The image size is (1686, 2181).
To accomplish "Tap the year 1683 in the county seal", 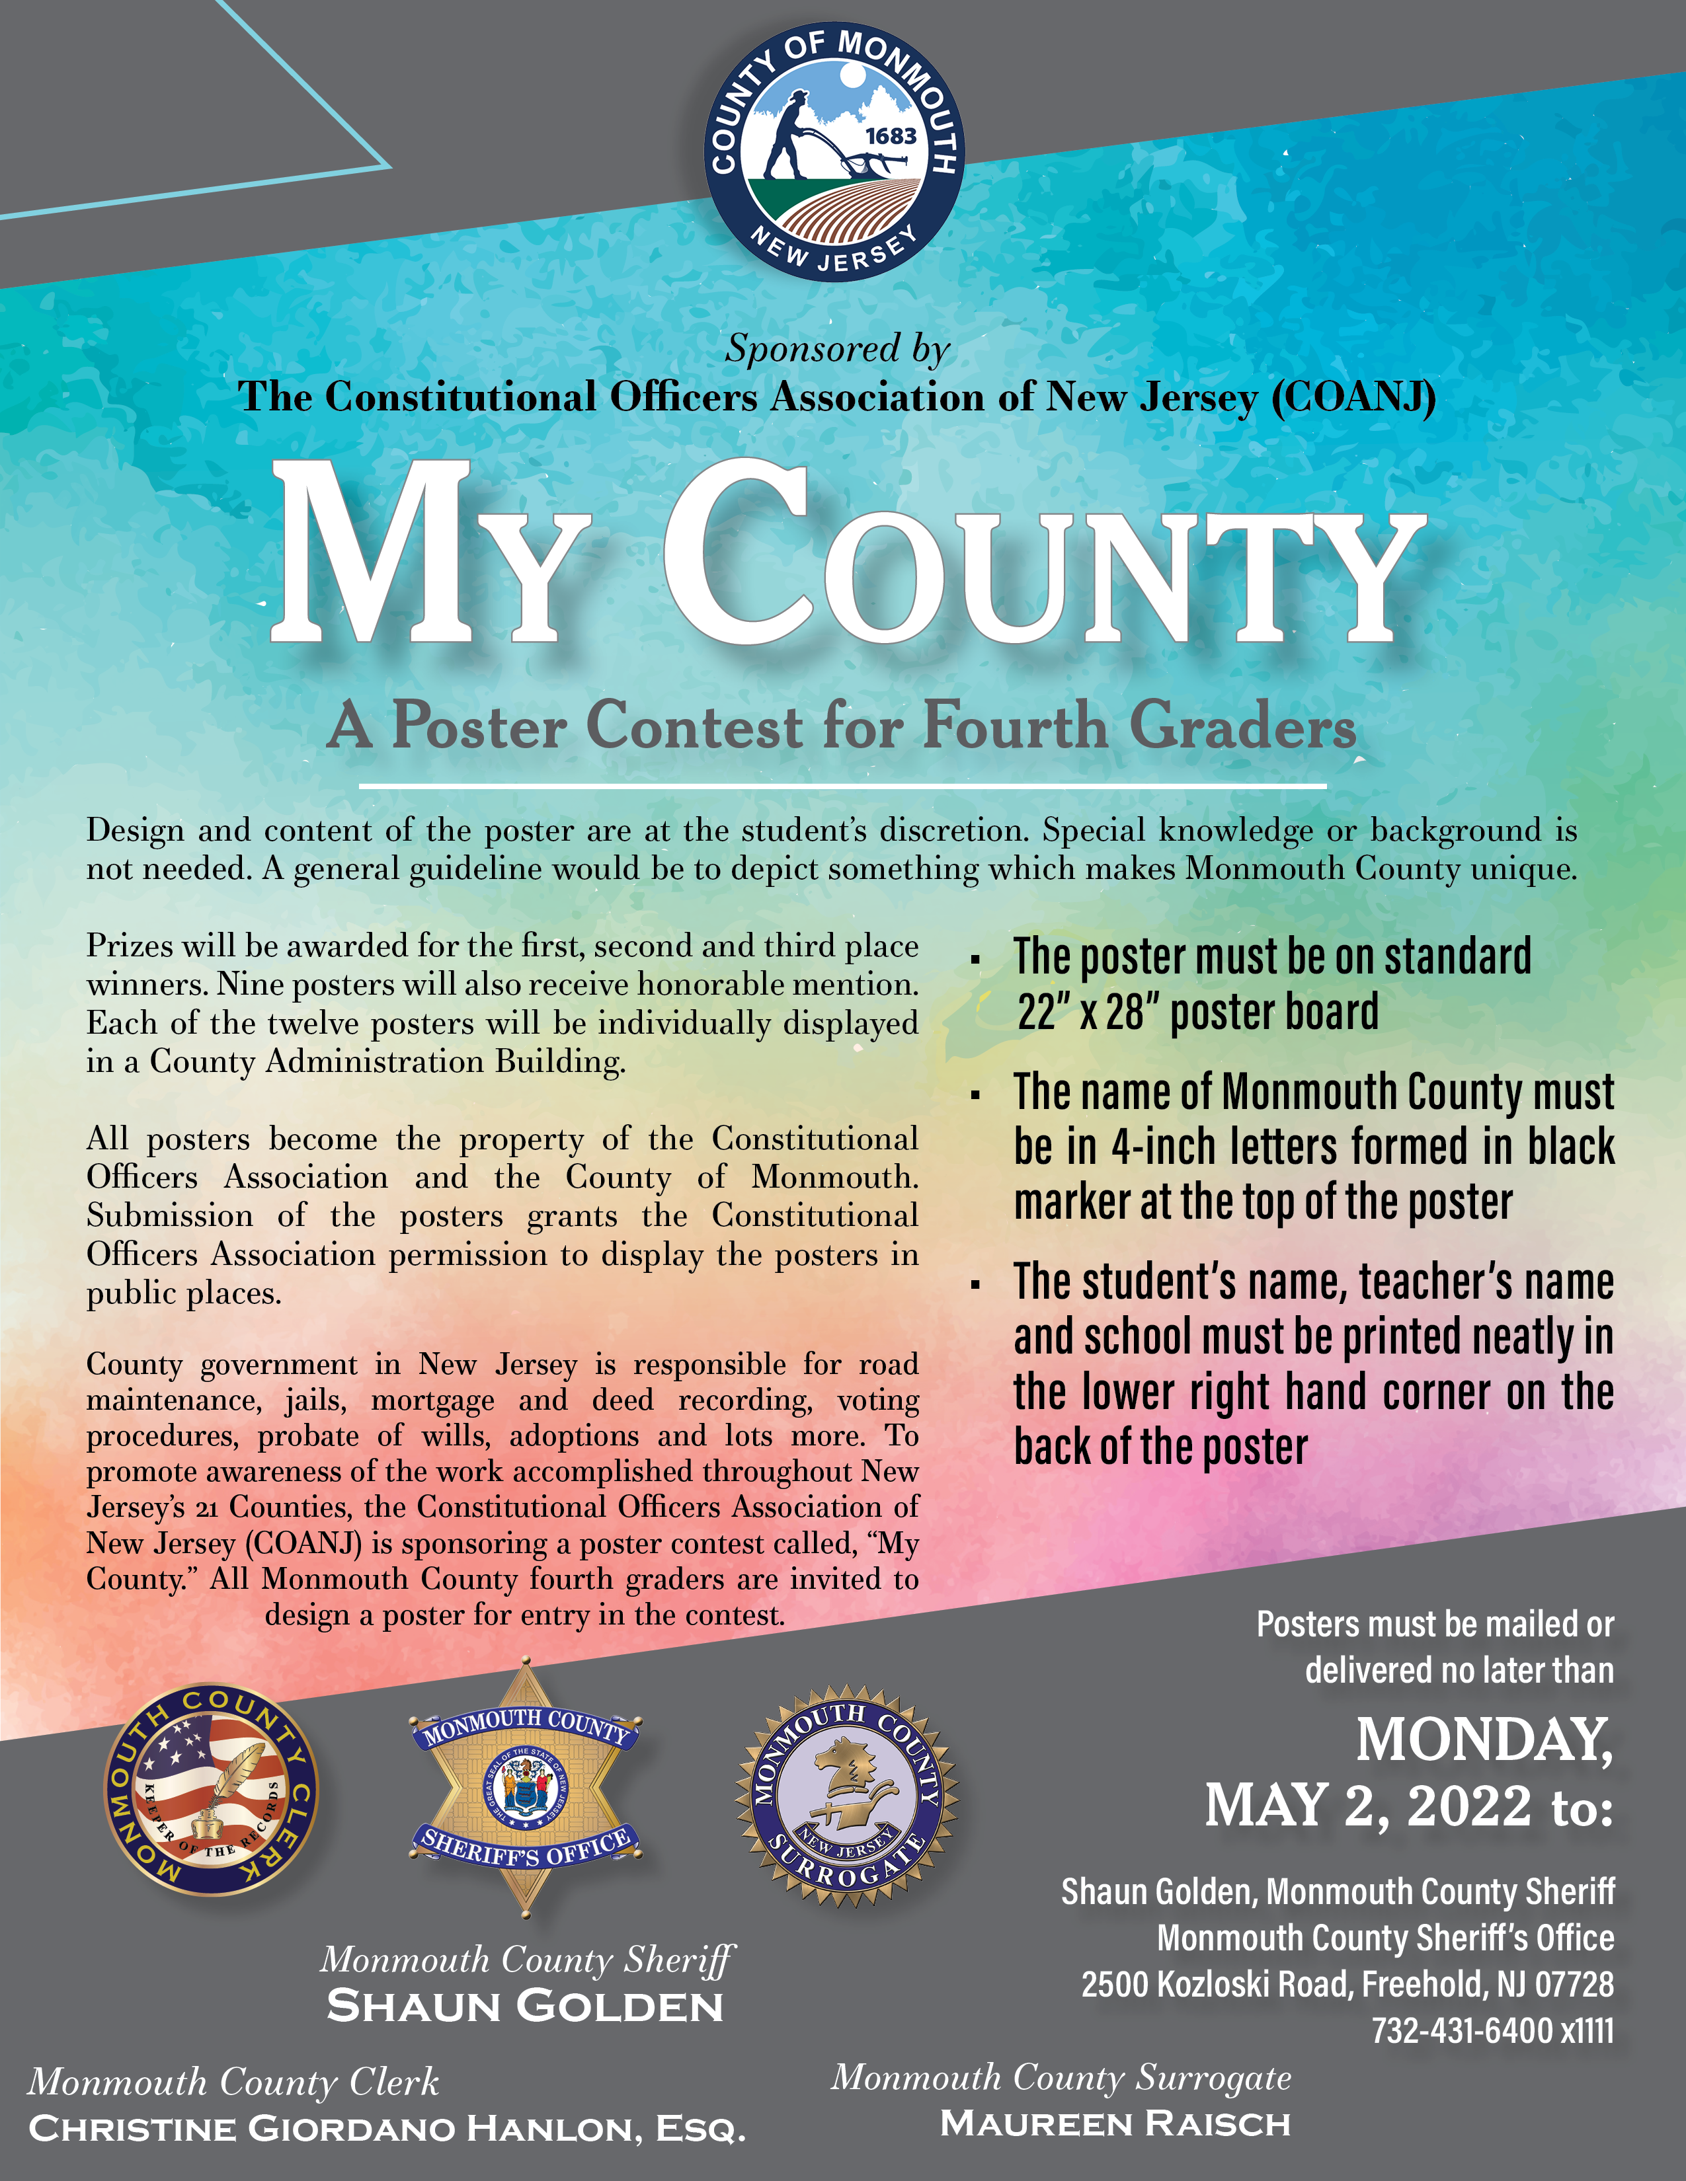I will pyautogui.click(x=890, y=135).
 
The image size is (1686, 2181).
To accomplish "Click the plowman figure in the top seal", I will pyautogui.click(x=794, y=135).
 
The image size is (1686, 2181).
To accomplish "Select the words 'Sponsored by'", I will pyautogui.click(x=837, y=348).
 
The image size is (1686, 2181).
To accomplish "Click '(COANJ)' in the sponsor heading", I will pyautogui.click(x=1353, y=397).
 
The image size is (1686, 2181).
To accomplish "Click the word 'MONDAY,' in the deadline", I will pyautogui.click(x=1483, y=1740).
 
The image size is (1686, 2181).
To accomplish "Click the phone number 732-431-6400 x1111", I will pyautogui.click(x=1492, y=2030).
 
